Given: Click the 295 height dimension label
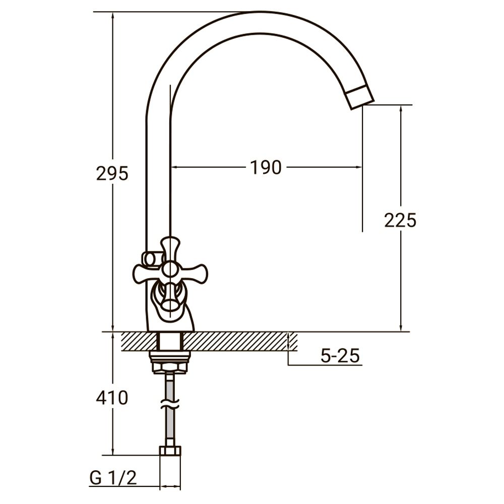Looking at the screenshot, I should tap(112, 173).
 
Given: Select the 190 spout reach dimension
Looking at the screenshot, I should tap(266, 167).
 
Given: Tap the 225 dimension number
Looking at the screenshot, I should tap(400, 220).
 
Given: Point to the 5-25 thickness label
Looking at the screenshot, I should tap(340, 356).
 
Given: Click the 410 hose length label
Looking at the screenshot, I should tap(112, 398).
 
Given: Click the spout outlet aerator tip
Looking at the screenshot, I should tap(361, 97).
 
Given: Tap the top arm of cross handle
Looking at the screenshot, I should tap(170, 246).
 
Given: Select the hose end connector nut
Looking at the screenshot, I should tap(170, 451).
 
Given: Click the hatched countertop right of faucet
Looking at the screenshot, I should tap(242, 341).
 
